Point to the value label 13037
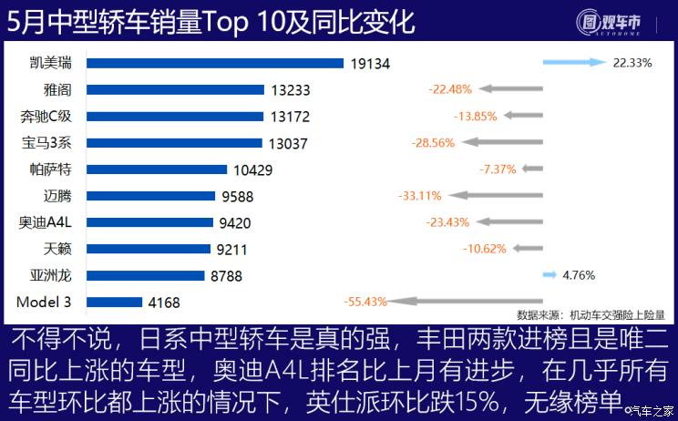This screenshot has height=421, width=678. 289,143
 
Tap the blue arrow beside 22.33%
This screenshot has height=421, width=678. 573,63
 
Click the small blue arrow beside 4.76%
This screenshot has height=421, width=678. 549,273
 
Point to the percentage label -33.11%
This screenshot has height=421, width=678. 419,195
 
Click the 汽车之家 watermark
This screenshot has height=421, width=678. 651,410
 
